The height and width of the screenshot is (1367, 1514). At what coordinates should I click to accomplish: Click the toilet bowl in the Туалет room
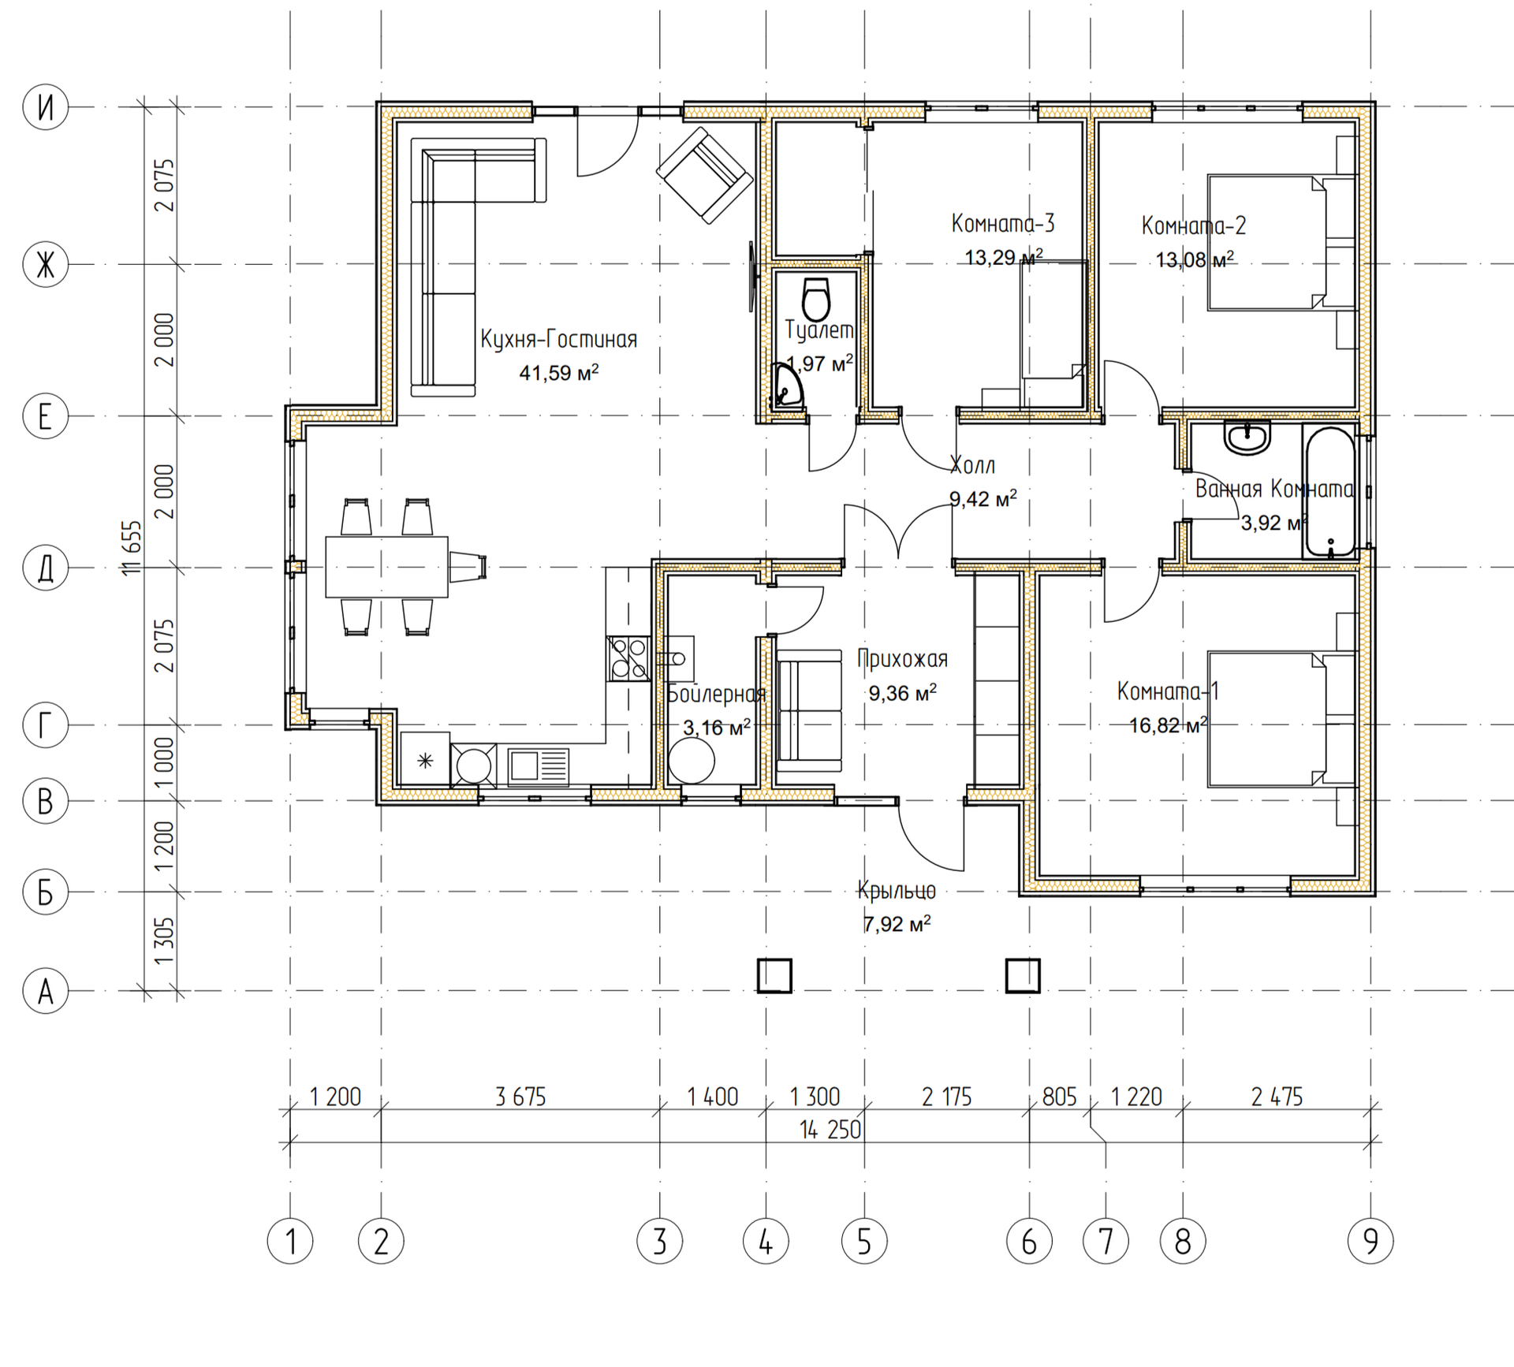816,299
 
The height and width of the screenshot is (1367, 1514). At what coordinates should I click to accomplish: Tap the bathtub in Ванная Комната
1330,492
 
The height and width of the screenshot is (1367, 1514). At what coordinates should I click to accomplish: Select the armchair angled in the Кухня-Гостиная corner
705,175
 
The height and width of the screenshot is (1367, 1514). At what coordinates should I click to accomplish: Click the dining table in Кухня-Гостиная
387,567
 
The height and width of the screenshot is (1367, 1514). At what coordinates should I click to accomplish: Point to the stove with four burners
628,658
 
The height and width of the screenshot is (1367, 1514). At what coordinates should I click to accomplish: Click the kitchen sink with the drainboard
538,765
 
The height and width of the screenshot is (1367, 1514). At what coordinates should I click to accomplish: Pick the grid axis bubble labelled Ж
46,265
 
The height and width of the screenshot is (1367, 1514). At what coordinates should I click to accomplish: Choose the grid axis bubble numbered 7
1106,1242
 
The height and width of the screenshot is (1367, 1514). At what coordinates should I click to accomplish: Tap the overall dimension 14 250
830,1130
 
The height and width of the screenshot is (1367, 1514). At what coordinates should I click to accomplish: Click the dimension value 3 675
520,1097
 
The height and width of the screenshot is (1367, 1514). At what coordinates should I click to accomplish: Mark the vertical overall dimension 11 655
132,547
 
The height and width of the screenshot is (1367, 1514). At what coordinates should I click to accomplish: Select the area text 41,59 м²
558,372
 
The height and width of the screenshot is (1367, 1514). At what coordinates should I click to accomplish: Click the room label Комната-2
1194,226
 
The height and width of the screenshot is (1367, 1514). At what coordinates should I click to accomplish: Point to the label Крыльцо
897,891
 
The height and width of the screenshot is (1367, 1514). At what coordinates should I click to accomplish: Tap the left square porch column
774,975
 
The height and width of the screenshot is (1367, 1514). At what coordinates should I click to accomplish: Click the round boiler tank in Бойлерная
692,762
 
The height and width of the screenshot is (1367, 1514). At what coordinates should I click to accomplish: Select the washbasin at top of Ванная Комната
1247,438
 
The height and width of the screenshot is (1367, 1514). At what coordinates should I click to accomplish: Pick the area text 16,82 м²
1168,724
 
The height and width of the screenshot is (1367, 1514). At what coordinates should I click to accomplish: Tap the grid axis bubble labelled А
46,991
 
